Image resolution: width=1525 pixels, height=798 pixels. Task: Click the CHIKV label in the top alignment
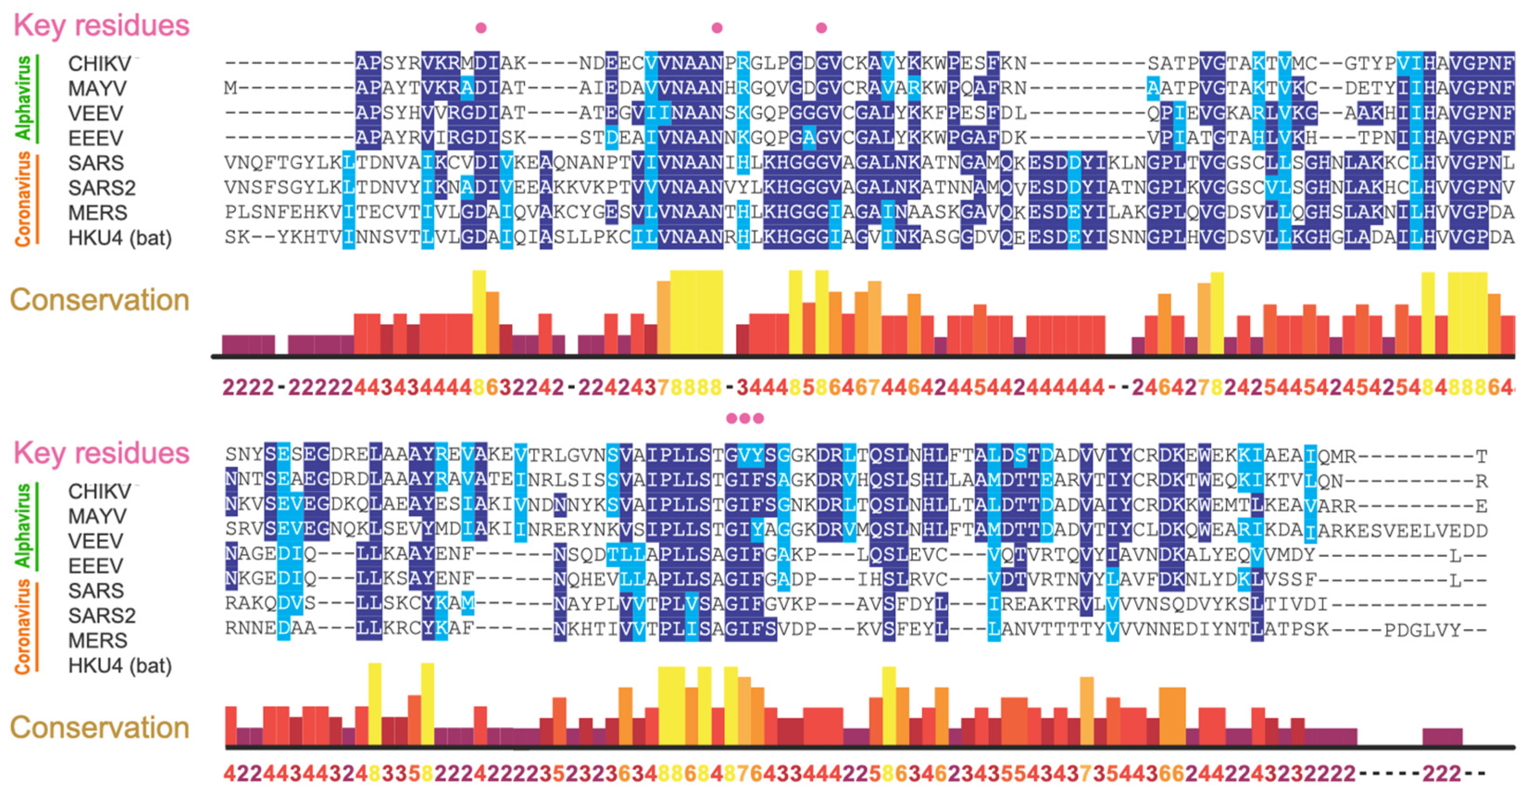pyautogui.click(x=99, y=63)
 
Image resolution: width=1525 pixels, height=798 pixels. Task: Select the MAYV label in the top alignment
pyautogui.click(x=97, y=88)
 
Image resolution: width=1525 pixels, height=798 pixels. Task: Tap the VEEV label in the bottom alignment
pyautogui.click(x=95, y=541)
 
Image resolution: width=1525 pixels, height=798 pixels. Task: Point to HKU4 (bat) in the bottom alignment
pyautogui.click(x=119, y=665)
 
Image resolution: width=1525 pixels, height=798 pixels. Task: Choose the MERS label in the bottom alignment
pyautogui.click(x=98, y=640)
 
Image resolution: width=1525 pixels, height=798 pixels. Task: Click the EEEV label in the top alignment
pyautogui.click(x=95, y=138)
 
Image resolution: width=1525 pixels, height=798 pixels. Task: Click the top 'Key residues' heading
pyautogui.click(x=101, y=25)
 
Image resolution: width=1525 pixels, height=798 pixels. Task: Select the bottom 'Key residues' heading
pyautogui.click(x=101, y=453)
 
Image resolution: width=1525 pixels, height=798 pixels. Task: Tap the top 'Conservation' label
pyautogui.click(x=100, y=300)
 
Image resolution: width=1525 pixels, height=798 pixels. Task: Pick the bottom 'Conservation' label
pyautogui.click(x=100, y=727)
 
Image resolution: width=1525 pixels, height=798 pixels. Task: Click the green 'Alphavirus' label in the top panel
pyautogui.click(x=23, y=98)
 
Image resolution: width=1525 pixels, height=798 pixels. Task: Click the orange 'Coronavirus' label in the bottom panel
pyautogui.click(x=23, y=627)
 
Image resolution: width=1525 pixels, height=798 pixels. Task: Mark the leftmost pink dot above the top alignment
pyautogui.click(x=481, y=28)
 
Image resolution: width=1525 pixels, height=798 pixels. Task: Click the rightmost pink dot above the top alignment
pyautogui.click(x=821, y=28)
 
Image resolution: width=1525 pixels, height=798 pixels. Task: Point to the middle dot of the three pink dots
pyautogui.click(x=745, y=418)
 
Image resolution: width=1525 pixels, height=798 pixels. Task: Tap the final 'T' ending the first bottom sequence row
pyautogui.click(x=1481, y=456)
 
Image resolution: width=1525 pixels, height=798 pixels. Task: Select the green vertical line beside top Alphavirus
pyautogui.click(x=38, y=99)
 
